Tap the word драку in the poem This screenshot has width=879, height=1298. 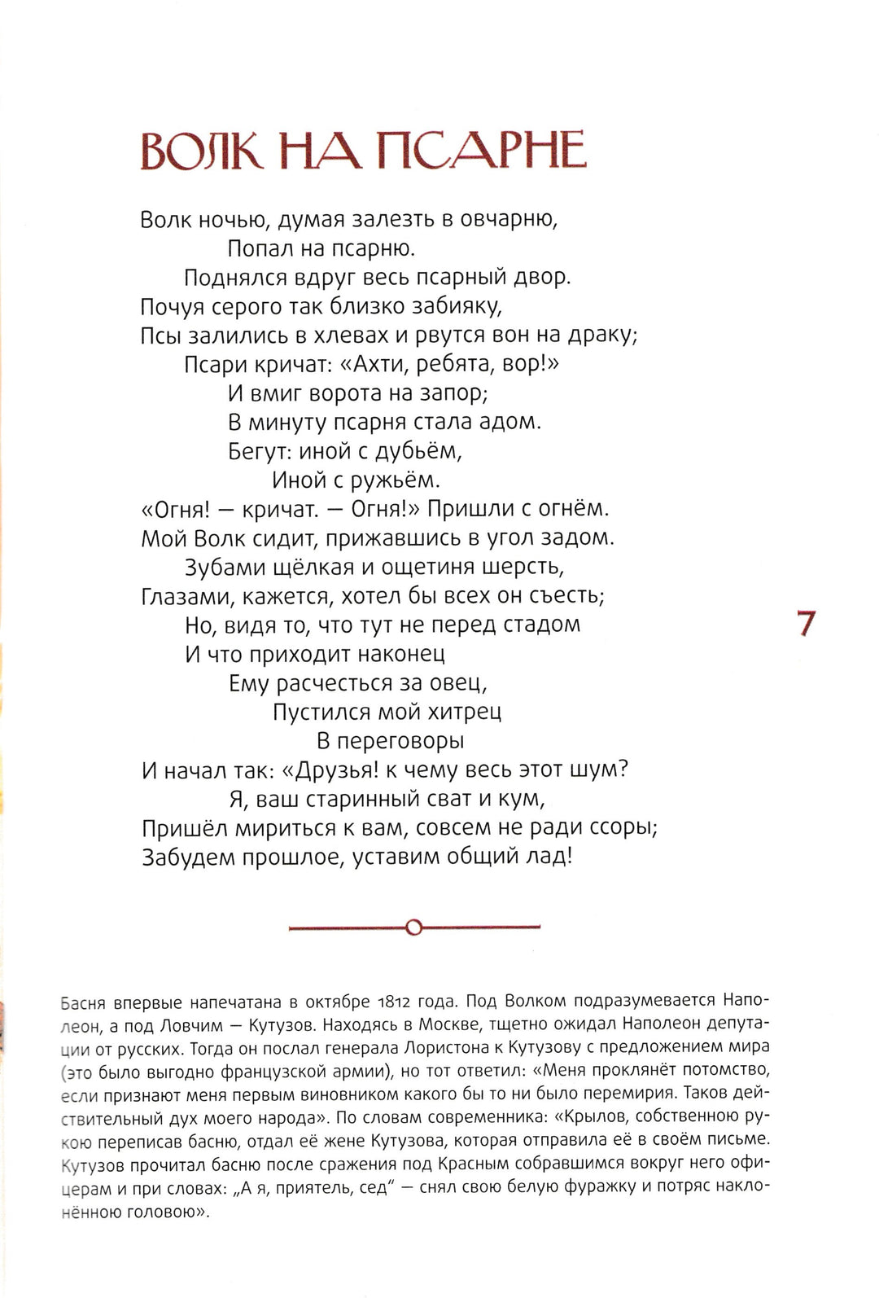[594, 335]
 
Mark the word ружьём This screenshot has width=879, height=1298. [406, 480]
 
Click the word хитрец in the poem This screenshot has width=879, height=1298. [465, 712]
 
